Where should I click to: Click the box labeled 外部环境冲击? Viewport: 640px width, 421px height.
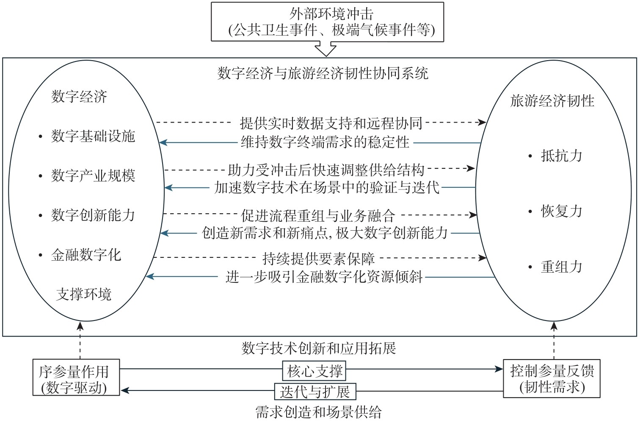(x=327, y=22)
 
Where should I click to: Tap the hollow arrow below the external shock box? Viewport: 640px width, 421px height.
(x=326, y=49)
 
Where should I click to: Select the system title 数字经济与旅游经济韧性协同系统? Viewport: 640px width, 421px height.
(x=323, y=73)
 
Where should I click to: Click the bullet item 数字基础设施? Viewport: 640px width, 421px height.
(x=93, y=136)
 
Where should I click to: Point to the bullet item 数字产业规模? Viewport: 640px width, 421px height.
(x=93, y=176)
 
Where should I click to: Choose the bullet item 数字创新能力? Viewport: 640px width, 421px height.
(x=93, y=215)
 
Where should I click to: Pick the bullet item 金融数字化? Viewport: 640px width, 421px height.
(x=86, y=255)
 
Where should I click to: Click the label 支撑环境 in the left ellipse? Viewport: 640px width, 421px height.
(x=84, y=294)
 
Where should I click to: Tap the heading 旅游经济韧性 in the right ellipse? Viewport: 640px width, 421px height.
(x=552, y=101)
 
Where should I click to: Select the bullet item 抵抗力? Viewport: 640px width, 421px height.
(x=561, y=156)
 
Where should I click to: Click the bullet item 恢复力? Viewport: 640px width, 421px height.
(x=561, y=211)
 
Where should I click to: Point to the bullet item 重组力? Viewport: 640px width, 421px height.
(x=561, y=267)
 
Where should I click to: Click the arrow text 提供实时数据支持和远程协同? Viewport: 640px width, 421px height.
(x=331, y=123)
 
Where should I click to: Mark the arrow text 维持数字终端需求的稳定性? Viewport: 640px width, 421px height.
(x=325, y=142)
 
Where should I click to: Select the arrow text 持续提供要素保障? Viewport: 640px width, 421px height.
(x=318, y=258)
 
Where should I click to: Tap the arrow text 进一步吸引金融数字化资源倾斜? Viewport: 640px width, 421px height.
(x=324, y=277)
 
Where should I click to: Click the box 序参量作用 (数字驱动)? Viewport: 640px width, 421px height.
(x=76, y=378)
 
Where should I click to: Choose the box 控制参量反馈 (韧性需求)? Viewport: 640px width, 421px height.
(x=552, y=378)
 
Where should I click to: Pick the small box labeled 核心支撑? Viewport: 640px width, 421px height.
(x=314, y=371)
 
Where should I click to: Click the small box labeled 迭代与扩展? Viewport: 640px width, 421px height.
(x=315, y=391)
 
